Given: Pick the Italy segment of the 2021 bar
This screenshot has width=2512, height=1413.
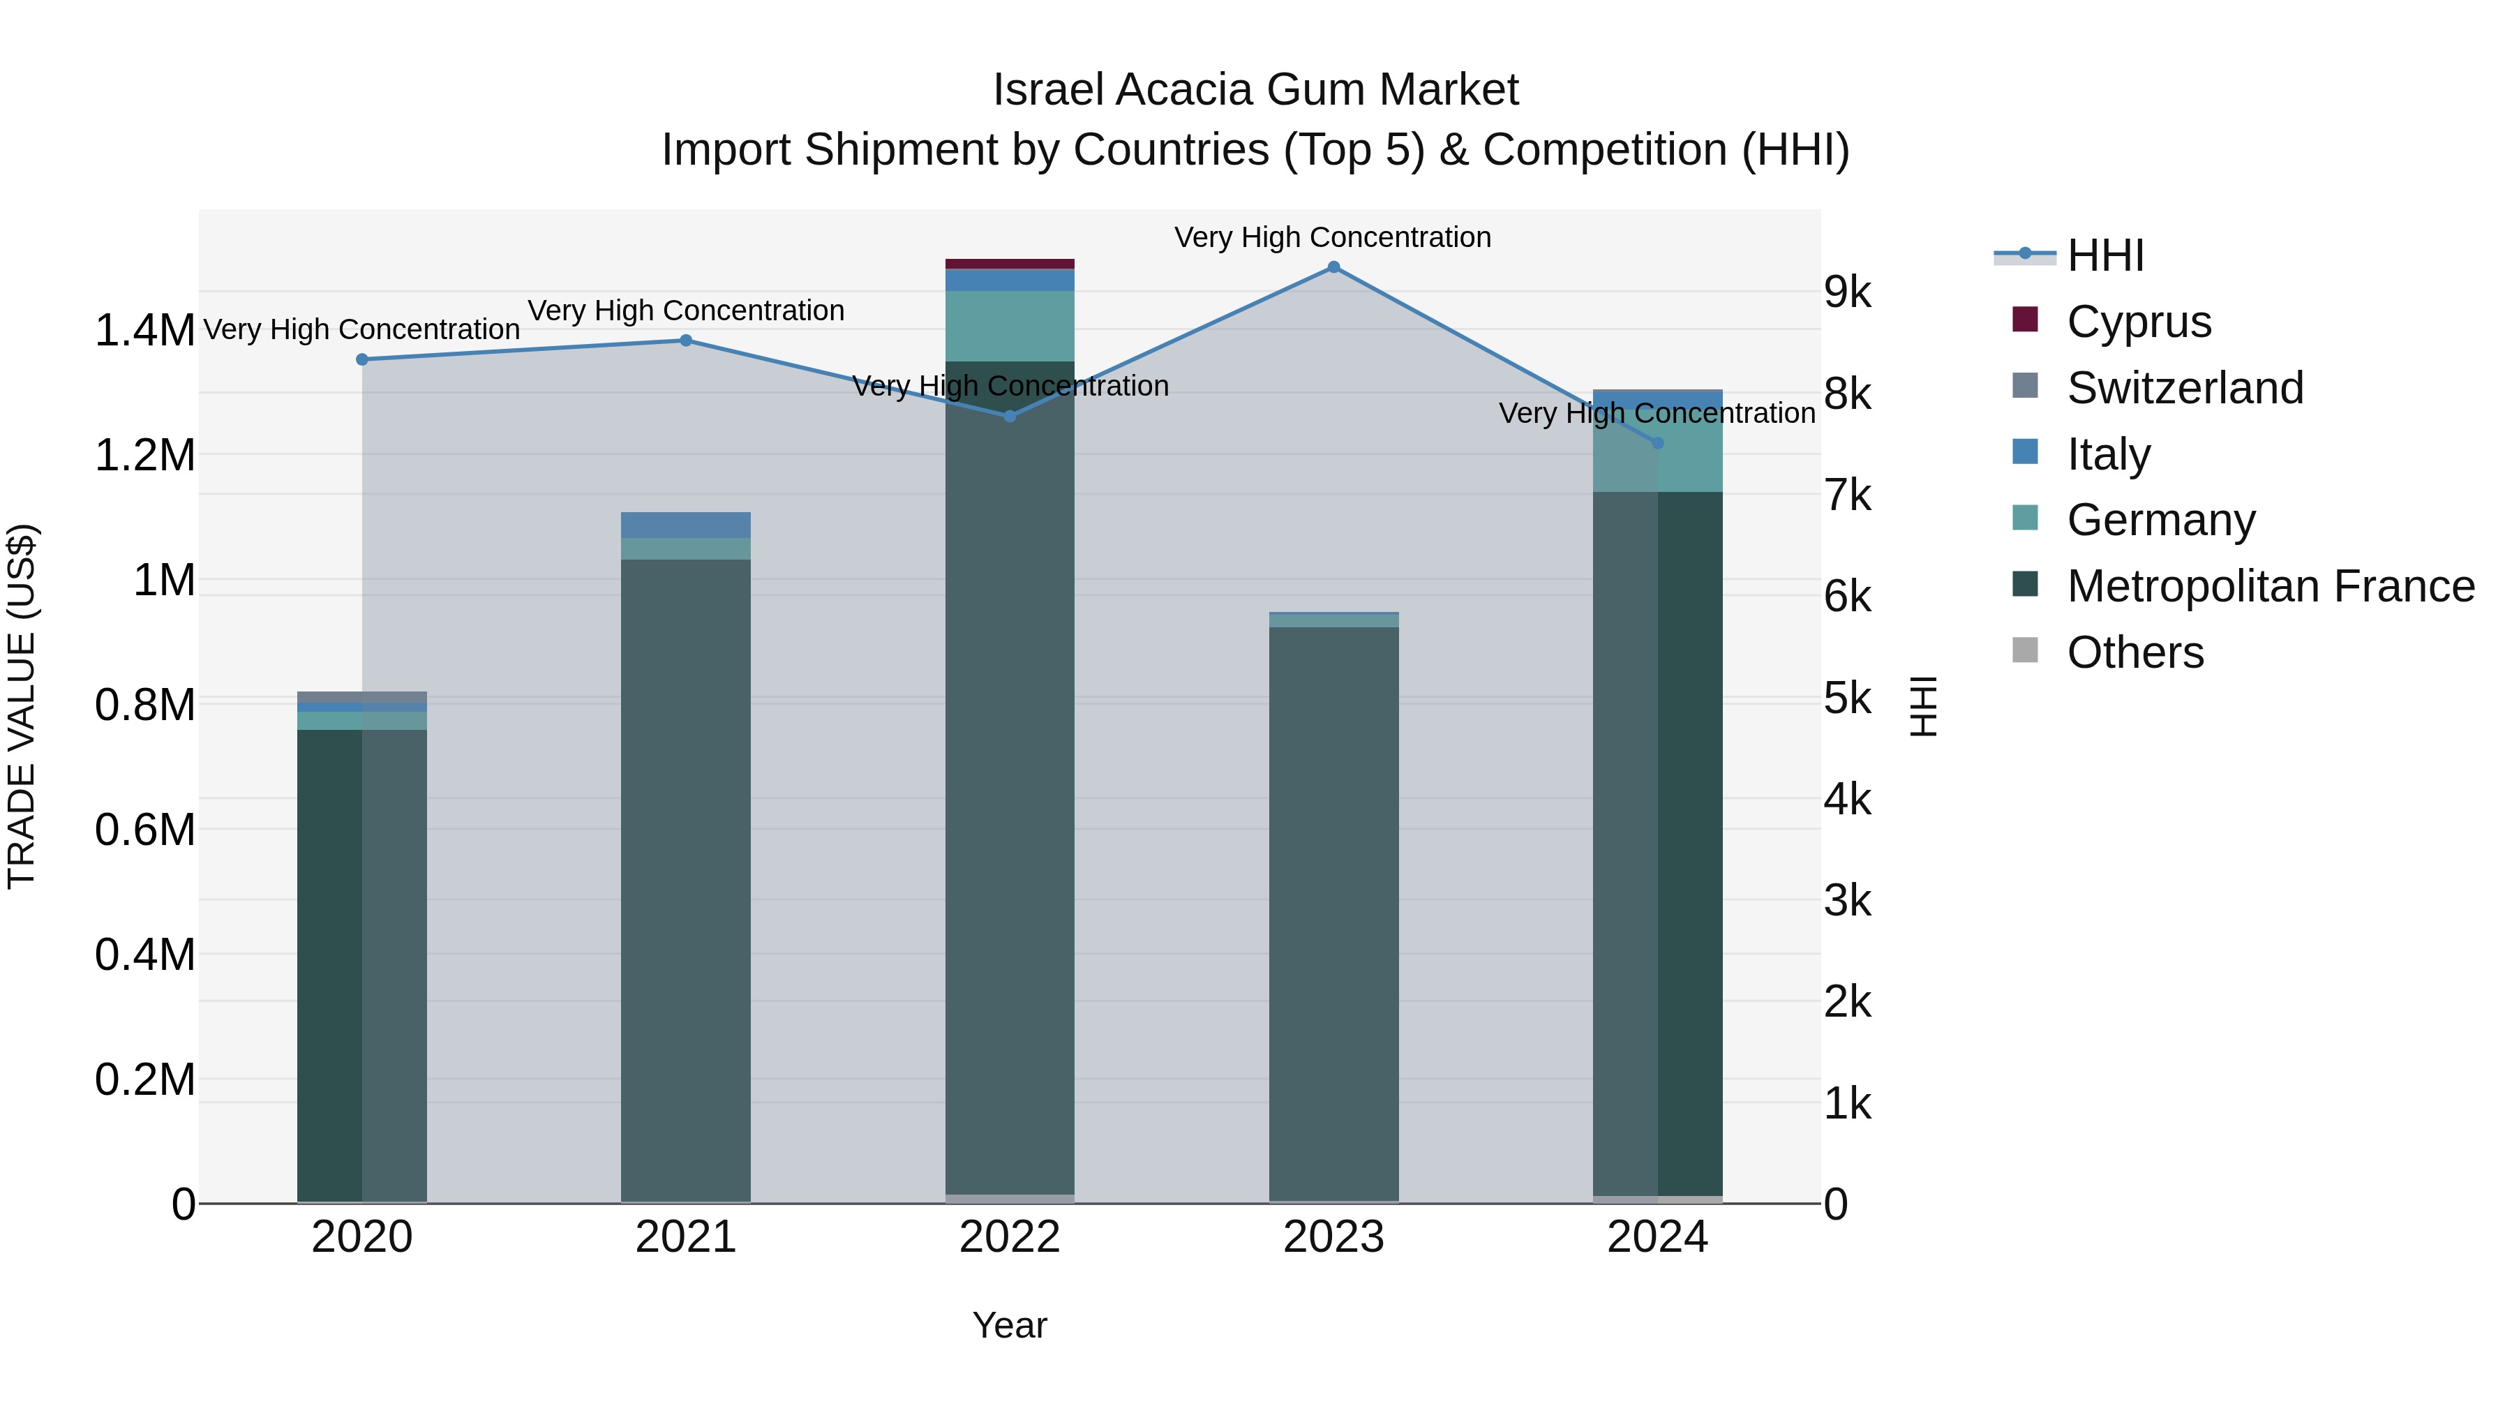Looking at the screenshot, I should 685,525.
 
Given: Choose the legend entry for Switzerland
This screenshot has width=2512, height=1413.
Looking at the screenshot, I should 2183,388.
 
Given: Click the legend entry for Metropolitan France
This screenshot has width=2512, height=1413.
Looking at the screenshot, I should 2269,586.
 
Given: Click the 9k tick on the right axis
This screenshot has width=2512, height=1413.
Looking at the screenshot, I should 1847,292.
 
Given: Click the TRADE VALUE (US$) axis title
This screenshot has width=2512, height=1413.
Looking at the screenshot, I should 22,706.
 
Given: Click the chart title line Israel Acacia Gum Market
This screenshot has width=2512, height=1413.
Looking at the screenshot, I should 1255,90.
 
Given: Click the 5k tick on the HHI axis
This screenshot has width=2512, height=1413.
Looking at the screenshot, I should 1847,698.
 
